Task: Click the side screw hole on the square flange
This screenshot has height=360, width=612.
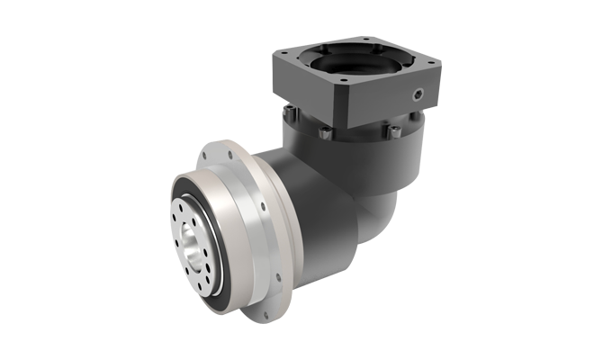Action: point(418,93)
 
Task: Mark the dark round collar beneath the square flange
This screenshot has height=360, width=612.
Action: point(360,153)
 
